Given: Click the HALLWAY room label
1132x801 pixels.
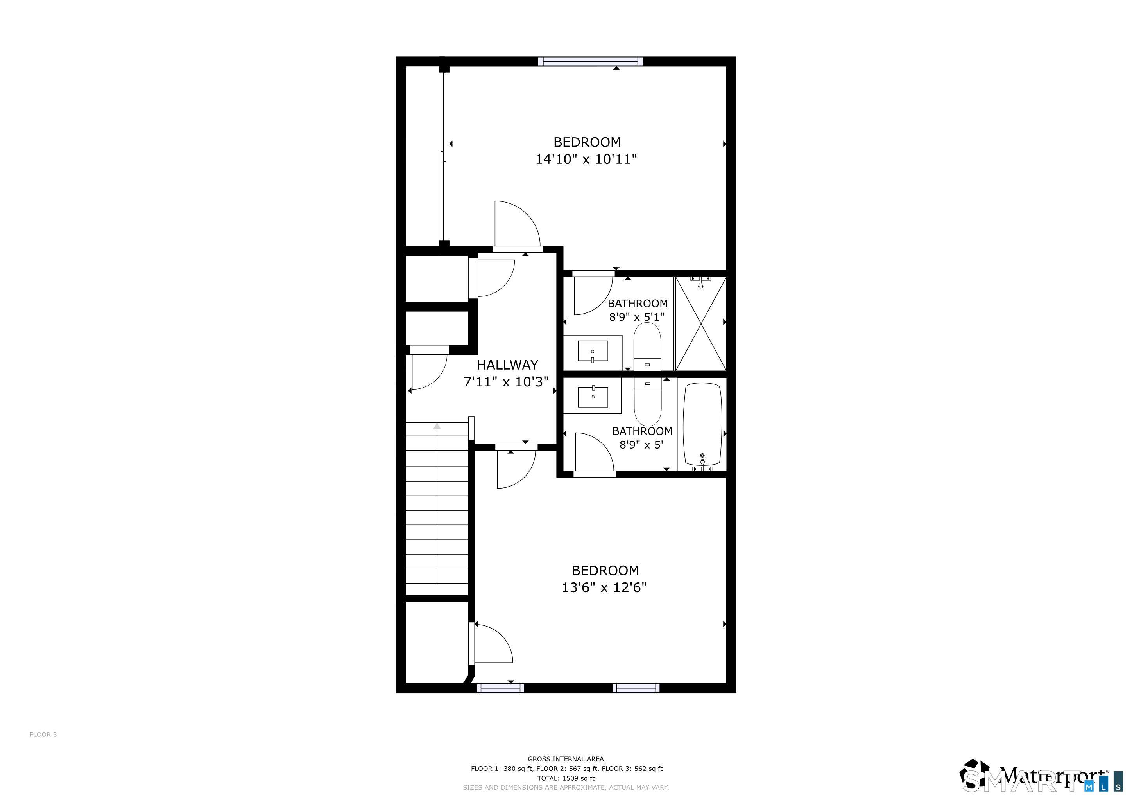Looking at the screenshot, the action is [x=507, y=365].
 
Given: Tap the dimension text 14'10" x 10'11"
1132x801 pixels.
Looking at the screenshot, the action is [x=586, y=159].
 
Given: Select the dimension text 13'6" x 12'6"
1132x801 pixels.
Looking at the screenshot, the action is [x=604, y=587].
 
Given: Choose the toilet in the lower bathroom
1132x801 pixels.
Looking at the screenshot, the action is [x=647, y=402].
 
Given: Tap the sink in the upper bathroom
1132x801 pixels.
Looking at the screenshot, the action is [x=593, y=351].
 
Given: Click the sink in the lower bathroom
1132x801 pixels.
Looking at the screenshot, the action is [x=593, y=396].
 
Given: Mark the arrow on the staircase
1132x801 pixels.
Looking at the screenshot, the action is [x=437, y=503].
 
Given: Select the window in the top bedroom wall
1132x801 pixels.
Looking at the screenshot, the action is [x=590, y=62].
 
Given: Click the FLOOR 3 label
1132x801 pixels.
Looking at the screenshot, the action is [x=43, y=735].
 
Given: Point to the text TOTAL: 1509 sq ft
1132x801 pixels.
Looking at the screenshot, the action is [x=566, y=778].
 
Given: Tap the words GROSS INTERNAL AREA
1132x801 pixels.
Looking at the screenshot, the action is [x=566, y=759].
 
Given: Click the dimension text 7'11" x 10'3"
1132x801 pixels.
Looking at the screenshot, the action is [x=506, y=382].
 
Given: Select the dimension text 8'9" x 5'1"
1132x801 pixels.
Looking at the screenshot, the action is [x=637, y=317].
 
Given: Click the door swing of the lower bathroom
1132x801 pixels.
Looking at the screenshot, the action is [x=595, y=451].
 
